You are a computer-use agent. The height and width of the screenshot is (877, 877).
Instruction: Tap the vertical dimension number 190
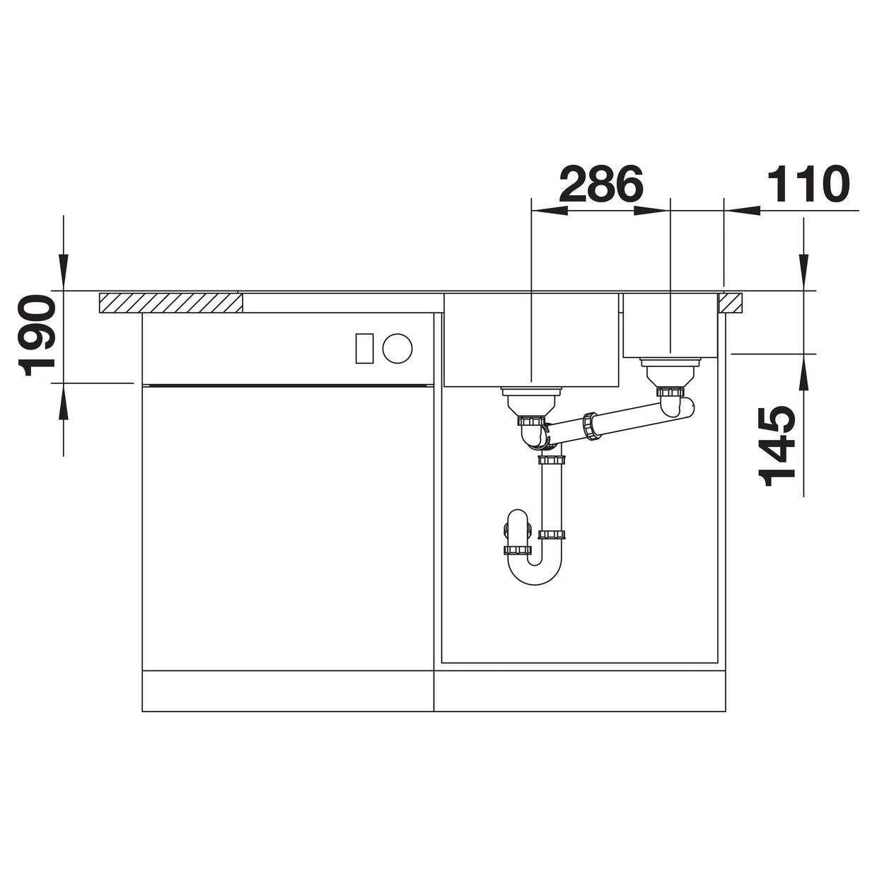(x=36, y=335)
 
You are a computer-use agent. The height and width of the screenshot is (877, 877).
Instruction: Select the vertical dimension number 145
(x=777, y=446)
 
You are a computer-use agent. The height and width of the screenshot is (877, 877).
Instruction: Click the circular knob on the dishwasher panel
(x=397, y=349)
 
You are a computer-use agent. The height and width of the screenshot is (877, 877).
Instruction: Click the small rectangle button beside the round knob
(x=364, y=349)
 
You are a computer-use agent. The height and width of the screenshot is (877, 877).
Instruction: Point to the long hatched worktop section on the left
(x=170, y=303)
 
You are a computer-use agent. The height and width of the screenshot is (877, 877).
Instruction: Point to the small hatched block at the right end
(x=731, y=303)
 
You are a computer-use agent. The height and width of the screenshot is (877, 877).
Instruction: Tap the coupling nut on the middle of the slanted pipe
(x=590, y=426)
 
